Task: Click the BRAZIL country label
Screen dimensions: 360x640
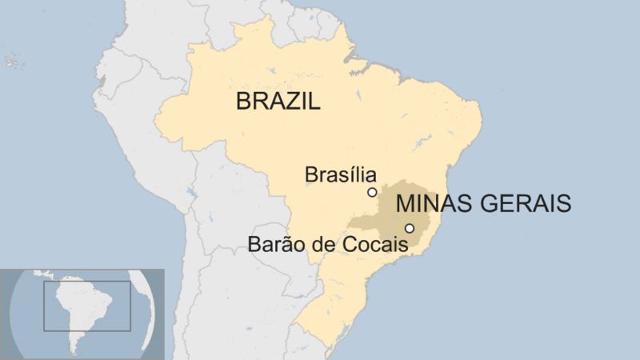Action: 278,102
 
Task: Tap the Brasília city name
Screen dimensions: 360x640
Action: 340,174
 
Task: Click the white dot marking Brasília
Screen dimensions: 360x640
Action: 372,192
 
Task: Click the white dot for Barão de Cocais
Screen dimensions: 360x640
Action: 410,228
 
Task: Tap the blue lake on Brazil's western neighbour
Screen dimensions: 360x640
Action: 190,192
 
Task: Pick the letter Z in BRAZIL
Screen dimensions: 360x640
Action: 294,102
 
